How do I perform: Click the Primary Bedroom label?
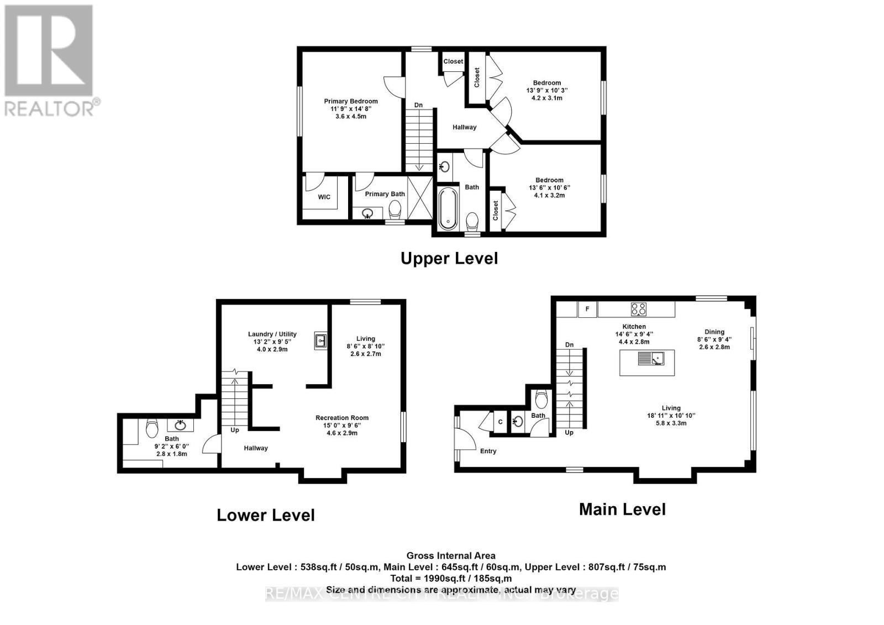pos(351,101)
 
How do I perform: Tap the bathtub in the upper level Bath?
pos(448,208)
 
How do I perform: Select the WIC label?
pos(324,197)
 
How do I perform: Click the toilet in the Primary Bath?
pos(395,209)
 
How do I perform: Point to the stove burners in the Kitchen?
pos(639,309)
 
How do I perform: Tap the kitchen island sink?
pos(651,359)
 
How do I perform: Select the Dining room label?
pos(714,332)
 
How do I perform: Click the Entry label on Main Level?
pos(488,451)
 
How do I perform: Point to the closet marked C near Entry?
pos(501,422)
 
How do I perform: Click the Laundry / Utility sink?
pos(320,341)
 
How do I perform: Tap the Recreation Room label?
pos(342,418)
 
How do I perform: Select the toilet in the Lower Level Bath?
pos(152,428)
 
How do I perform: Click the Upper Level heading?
pos(449,258)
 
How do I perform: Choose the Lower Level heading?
pos(266,515)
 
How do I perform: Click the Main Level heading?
pos(622,509)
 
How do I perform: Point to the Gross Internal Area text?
pos(451,556)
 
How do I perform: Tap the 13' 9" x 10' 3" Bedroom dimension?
pos(547,90)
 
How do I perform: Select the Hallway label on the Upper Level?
pos(464,127)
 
